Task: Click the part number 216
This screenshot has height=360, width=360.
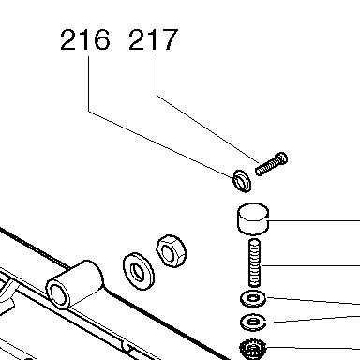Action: (x=85, y=39)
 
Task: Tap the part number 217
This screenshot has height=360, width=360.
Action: (x=154, y=39)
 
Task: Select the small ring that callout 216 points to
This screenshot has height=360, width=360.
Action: (x=242, y=181)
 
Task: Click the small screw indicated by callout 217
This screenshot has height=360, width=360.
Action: (x=271, y=164)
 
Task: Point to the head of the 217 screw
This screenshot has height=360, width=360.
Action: (x=281, y=158)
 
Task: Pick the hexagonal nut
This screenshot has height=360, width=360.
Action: (x=172, y=251)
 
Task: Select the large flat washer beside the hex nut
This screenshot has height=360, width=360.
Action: (x=139, y=271)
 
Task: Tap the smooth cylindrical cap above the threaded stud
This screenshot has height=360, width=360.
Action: (x=253, y=219)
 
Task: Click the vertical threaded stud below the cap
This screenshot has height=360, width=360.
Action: (x=254, y=262)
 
